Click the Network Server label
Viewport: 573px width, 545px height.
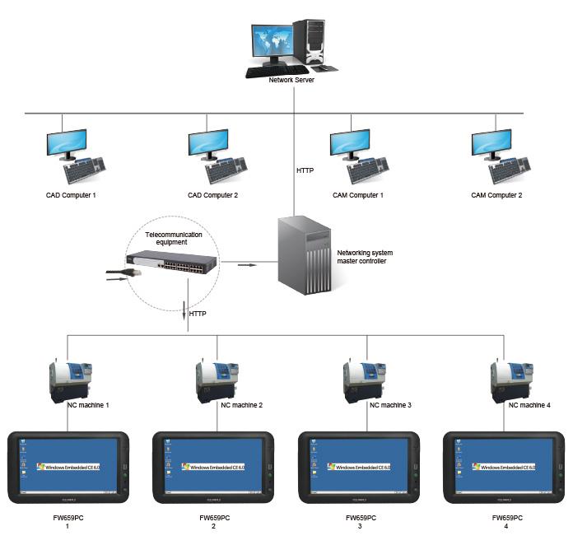tap(291, 80)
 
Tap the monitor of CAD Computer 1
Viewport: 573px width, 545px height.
tap(67, 143)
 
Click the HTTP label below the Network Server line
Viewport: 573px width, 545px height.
tap(306, 171)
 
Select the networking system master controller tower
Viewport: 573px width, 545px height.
tap(304, 255)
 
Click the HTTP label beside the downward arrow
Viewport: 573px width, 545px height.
tap(198, 314)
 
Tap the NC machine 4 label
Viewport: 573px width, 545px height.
tap(529, 405)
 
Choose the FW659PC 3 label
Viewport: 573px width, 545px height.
tap(359, 522)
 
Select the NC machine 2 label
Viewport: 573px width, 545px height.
tap(242, 405)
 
